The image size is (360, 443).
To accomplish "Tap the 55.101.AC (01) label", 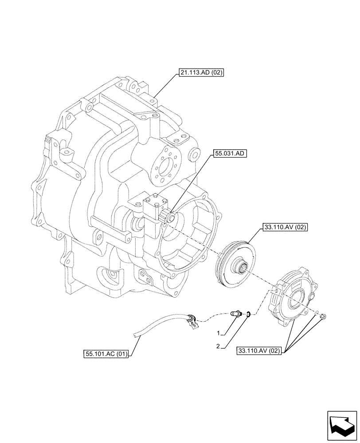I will [106, 354].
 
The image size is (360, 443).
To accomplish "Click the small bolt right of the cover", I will [323, 316].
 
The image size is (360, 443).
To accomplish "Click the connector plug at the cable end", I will [192, 323].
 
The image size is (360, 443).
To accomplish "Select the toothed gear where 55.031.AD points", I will [169, 217].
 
